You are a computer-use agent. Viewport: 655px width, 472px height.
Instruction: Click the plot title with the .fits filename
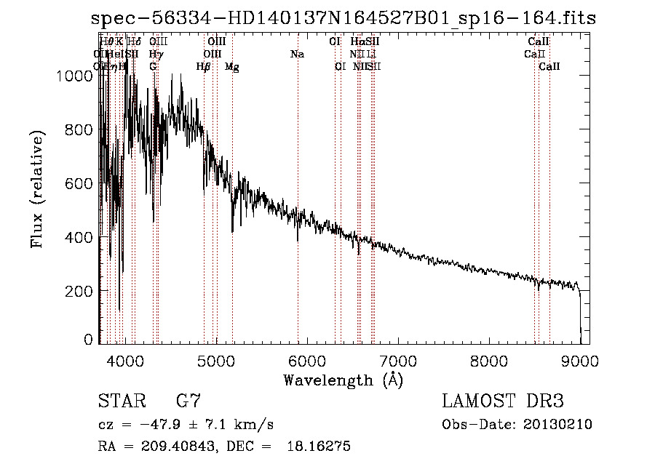pos(344,18)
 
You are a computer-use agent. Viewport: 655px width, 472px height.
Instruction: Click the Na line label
pos(297,54)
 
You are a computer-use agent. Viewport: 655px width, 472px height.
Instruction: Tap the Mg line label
pos(232,67)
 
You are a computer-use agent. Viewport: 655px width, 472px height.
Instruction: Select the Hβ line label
pos(203,67)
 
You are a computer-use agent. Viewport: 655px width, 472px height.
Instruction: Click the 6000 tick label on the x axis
pos(306,359)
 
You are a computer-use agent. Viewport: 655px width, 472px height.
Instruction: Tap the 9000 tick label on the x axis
pos(580,359)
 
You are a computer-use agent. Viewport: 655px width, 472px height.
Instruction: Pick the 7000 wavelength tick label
pos(397,359)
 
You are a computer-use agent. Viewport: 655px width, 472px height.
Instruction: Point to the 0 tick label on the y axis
pos(89,340)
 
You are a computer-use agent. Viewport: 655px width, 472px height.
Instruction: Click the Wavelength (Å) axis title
pos(343,379)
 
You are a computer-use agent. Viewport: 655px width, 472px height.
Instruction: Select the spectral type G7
pos(188,401)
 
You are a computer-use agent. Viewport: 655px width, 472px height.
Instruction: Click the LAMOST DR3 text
pos(502,401)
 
